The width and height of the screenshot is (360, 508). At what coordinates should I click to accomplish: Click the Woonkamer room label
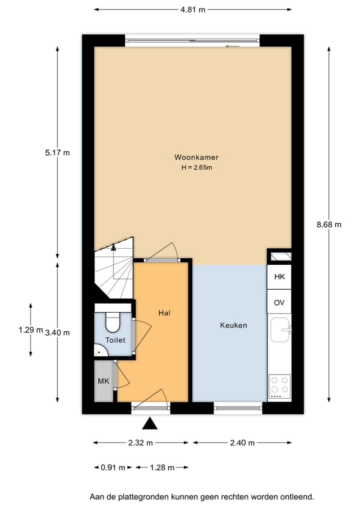tap(196, 157)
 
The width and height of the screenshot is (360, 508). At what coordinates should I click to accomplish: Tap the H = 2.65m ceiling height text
tap(196, 168)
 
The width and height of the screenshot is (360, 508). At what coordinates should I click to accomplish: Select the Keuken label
tap(233, 325)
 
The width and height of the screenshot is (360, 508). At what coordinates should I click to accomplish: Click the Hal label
tap(164, 313)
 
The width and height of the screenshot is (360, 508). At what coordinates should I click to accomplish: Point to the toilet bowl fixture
tap(113, 323)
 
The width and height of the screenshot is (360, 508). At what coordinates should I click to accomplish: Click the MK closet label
tap(103, 381)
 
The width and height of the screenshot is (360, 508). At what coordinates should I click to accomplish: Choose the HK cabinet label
tap(279, 276)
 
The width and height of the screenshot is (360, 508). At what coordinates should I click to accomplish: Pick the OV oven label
tap(279, 303)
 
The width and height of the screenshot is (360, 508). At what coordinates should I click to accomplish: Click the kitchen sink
tap(279, 330)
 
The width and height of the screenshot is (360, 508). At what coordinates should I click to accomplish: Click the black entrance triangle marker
tap(149, 424)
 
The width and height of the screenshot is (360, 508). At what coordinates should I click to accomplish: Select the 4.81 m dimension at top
tap(192, 9)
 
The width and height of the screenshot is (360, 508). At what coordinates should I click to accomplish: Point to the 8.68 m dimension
tap(329, 225)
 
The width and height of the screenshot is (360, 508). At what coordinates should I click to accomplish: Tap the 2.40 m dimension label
tap(242, 443)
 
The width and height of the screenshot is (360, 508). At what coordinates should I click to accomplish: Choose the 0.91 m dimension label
tap(113, 468)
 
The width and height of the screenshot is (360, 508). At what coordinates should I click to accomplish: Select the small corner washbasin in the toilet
tap(99, 352)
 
